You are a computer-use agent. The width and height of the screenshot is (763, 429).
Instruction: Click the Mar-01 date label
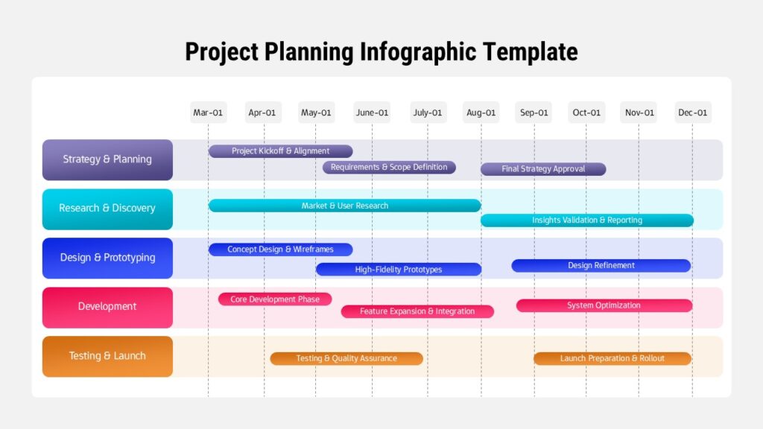click(x=208, y=112)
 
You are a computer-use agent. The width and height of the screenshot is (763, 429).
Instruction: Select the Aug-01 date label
click(x=481, y=112)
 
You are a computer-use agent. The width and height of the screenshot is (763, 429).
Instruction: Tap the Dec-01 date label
click(x=692, y=112)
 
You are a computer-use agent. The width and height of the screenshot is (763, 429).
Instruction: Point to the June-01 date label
click(x=372, y=112)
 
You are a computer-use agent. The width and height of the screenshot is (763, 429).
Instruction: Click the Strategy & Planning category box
click(x=107, y=159)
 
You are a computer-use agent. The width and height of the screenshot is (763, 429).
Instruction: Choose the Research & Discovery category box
click(x=107, y=209)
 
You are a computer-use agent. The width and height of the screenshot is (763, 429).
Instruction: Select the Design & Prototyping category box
click(x=107, y=258)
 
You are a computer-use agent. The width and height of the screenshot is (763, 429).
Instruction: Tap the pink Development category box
click(x=107, y=307)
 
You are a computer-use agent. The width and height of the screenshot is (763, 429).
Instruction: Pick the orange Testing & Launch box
click(x=107, y=356)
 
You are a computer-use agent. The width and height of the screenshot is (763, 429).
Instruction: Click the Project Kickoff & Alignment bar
click(x=280, y=151)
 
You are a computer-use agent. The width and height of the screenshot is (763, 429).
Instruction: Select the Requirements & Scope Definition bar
click(x=389, y=168)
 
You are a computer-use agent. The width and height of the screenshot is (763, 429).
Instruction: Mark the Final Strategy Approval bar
click(x=543, y=169)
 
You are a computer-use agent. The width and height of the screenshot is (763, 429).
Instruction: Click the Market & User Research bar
click(x=344, y=206)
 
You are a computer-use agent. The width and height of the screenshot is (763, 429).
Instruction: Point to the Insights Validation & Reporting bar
click(x=587, y=220)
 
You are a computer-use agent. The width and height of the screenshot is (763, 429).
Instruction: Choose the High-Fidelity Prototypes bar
click(x=399, y=270)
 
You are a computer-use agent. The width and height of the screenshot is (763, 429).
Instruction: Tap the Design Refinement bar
click(x=601, y=266)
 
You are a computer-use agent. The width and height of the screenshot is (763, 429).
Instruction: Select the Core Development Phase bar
click(x=275, y=299)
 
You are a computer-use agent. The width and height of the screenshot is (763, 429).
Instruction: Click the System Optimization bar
click(x=604, y=305)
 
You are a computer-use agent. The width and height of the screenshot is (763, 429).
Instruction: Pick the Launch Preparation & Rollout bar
click(x=612, y=358)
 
